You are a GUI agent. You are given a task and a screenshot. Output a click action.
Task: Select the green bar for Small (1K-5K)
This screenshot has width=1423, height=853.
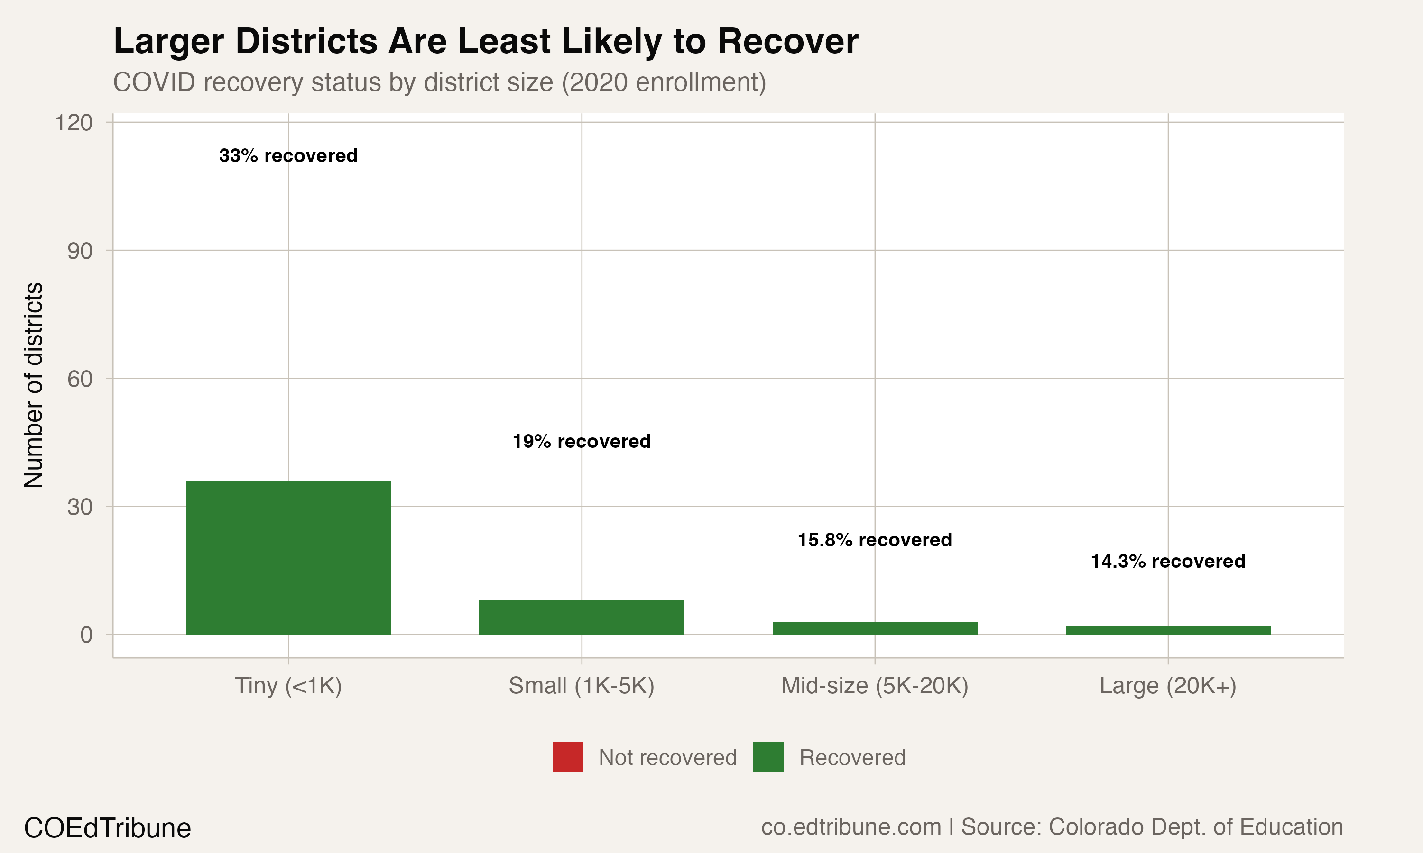[x=582, y=617]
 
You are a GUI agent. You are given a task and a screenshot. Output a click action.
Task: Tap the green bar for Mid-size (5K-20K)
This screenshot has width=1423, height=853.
[x=874, y=628]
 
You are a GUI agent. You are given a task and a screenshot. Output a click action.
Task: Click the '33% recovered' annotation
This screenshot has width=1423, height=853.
[x=288, y=156]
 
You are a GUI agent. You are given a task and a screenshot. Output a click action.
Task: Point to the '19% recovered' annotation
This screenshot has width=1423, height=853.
[x=582, y=442]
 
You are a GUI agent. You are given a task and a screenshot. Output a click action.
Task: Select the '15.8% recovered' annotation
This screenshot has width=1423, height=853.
[x=874, y=540]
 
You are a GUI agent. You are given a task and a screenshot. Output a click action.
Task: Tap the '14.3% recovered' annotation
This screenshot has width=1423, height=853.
[x=1168, y=562]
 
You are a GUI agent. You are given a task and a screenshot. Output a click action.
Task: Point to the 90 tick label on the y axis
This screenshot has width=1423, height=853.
[x=79, y=251]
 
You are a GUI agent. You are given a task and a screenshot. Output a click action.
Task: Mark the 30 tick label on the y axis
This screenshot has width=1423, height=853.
[x=79, y=507]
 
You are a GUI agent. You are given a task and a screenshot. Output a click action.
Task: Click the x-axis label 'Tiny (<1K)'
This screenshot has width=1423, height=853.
[x=288, y=686]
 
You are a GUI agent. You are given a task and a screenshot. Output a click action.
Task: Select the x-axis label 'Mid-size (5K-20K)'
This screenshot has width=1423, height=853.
[x=874, y=686]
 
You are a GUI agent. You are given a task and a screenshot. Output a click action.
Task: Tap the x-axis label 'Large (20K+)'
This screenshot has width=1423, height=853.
[x=1168, y=686]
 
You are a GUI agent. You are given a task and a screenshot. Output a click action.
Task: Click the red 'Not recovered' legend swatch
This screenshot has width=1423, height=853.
[x=567, y=757]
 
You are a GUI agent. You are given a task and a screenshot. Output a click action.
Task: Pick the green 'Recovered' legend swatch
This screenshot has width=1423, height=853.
[x=768, y=757]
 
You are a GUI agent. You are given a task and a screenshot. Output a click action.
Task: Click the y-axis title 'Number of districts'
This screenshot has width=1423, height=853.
[x=33, y=385]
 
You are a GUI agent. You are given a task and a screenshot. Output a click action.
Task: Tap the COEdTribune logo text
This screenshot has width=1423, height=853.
[x=108, y=828]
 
